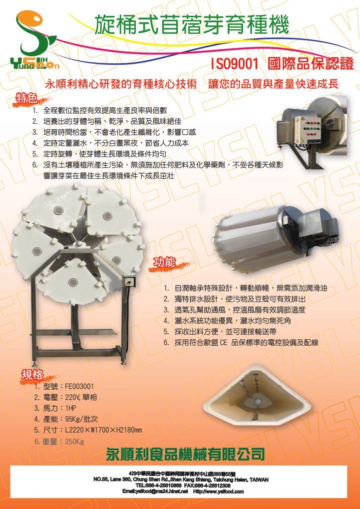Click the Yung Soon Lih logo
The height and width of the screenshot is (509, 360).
(x=34, y=41)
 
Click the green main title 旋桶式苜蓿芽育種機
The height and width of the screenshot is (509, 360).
(x=192, y=25)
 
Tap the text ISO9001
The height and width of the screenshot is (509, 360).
(x=235, y=64)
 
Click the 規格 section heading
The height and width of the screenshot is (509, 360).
(x=32, y=375)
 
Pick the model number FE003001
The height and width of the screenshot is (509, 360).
(x=79, y=386)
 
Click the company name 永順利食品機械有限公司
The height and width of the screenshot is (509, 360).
(x=185, y=455)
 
